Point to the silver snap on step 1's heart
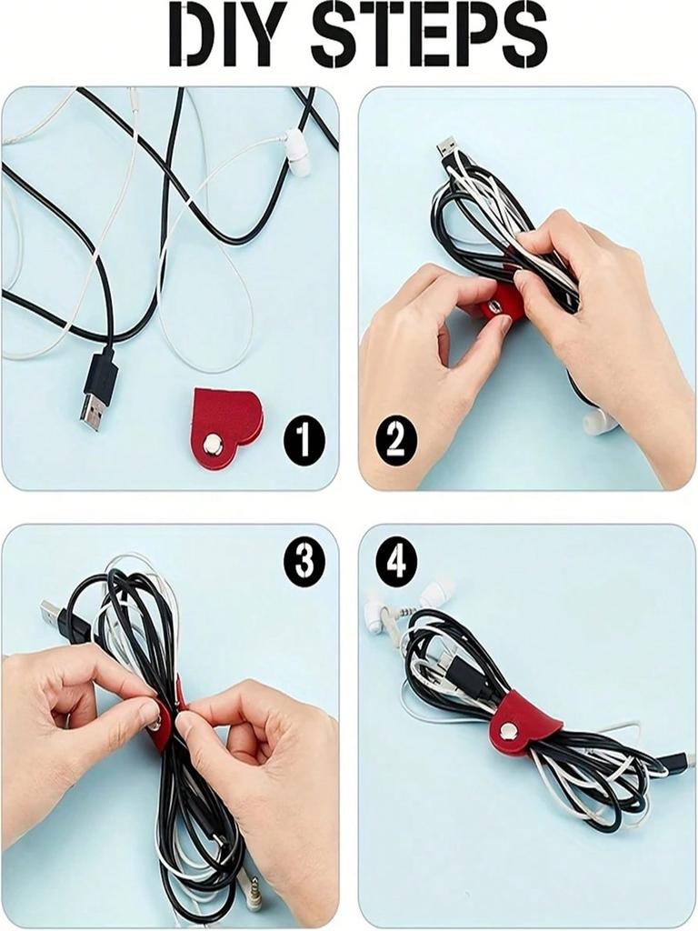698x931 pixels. coord(214,443)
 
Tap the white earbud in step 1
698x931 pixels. coord(296,151)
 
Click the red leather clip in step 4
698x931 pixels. coord(523,723)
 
